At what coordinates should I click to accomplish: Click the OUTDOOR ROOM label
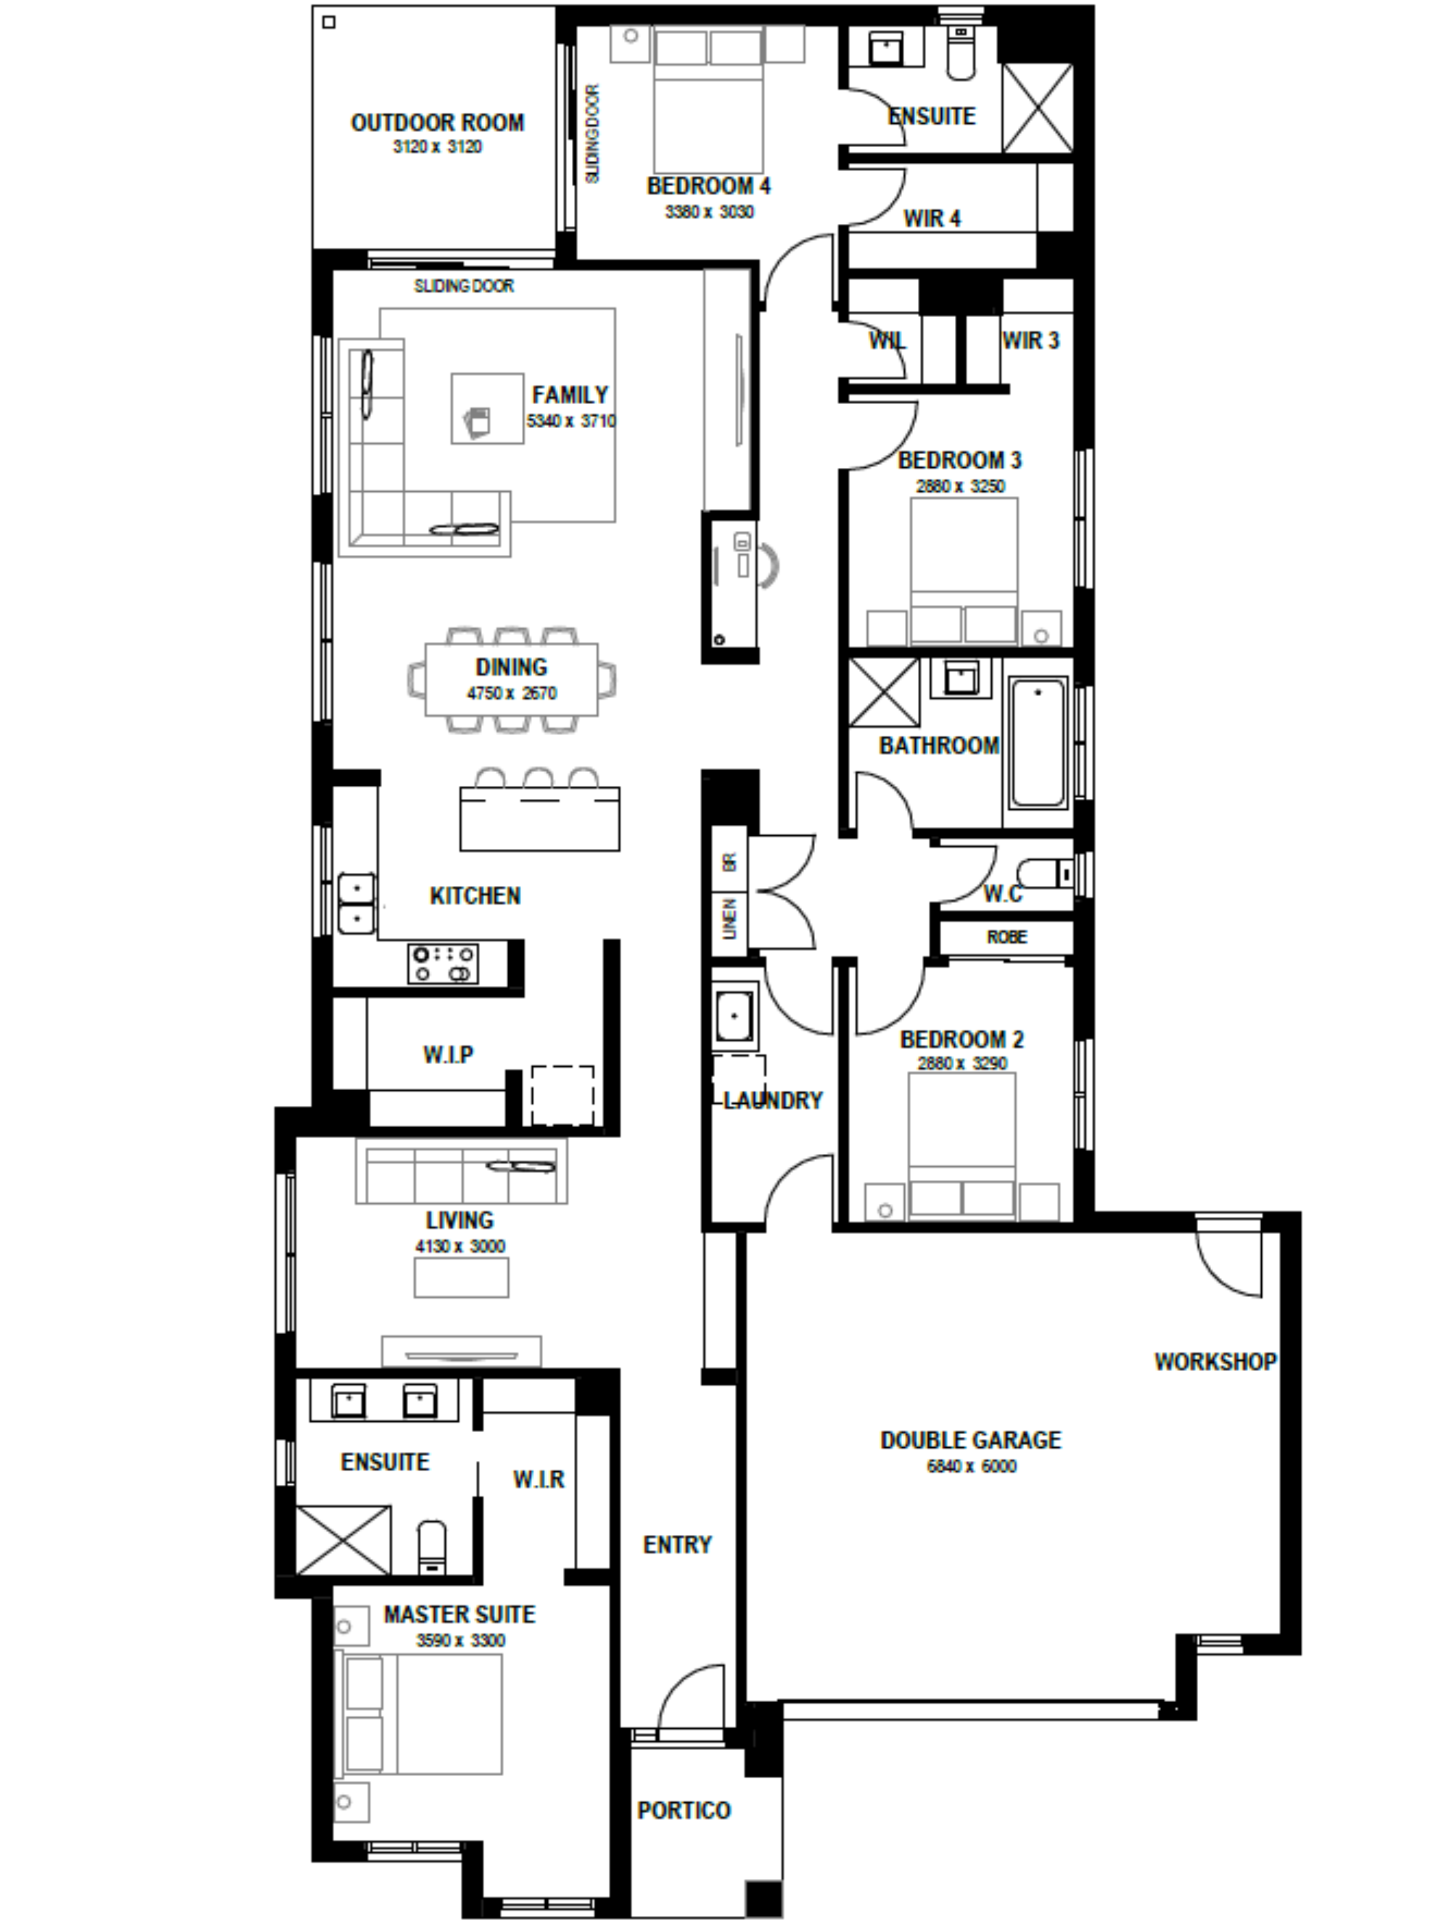(437, 123)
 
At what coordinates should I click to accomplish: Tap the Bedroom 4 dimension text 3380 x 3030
(709, 211)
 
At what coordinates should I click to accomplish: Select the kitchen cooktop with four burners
(443, 963)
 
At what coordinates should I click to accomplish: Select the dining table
(511, 679)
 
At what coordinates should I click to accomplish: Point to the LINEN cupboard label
(729, 919)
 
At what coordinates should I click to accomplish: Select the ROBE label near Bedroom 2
(1006, 937)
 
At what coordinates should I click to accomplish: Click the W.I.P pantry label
(449, 1055)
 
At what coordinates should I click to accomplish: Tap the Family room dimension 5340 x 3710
(570, 421)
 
